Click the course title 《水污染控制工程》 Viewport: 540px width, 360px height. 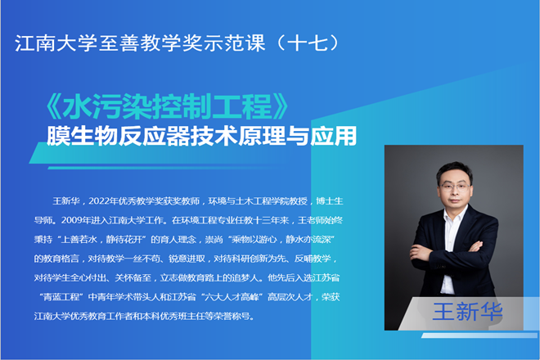(x=167, y=106)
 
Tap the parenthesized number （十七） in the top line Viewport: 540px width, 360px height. (x=308, y=43)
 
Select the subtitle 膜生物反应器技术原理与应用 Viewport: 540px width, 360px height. (x=201, y=136)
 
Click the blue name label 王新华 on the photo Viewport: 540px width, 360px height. (x=467, y=312)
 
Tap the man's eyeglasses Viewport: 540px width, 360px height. (x=455, y=187)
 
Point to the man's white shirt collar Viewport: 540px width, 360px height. (x=455, y=214)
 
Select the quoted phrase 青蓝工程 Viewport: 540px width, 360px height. (x=61, y=297)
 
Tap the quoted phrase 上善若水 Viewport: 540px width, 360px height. (x=79, y=240)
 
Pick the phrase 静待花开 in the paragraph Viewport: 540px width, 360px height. (x=124, y=240)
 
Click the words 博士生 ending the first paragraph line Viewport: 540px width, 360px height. (x=330, y=201)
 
